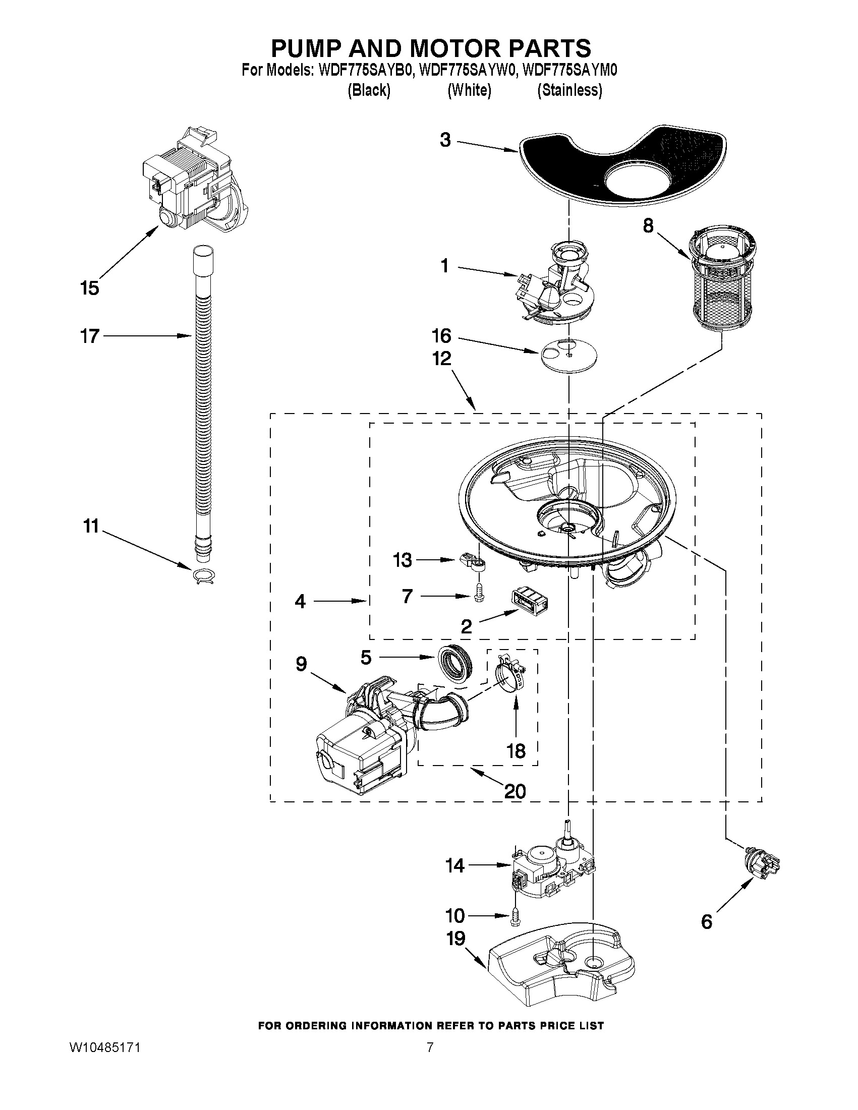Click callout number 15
(x=89, y=288)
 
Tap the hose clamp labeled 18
(x=509, y=676)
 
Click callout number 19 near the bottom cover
(x=455, y=938)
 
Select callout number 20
(x=514, y=791)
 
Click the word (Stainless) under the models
(x=569, y=90)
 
